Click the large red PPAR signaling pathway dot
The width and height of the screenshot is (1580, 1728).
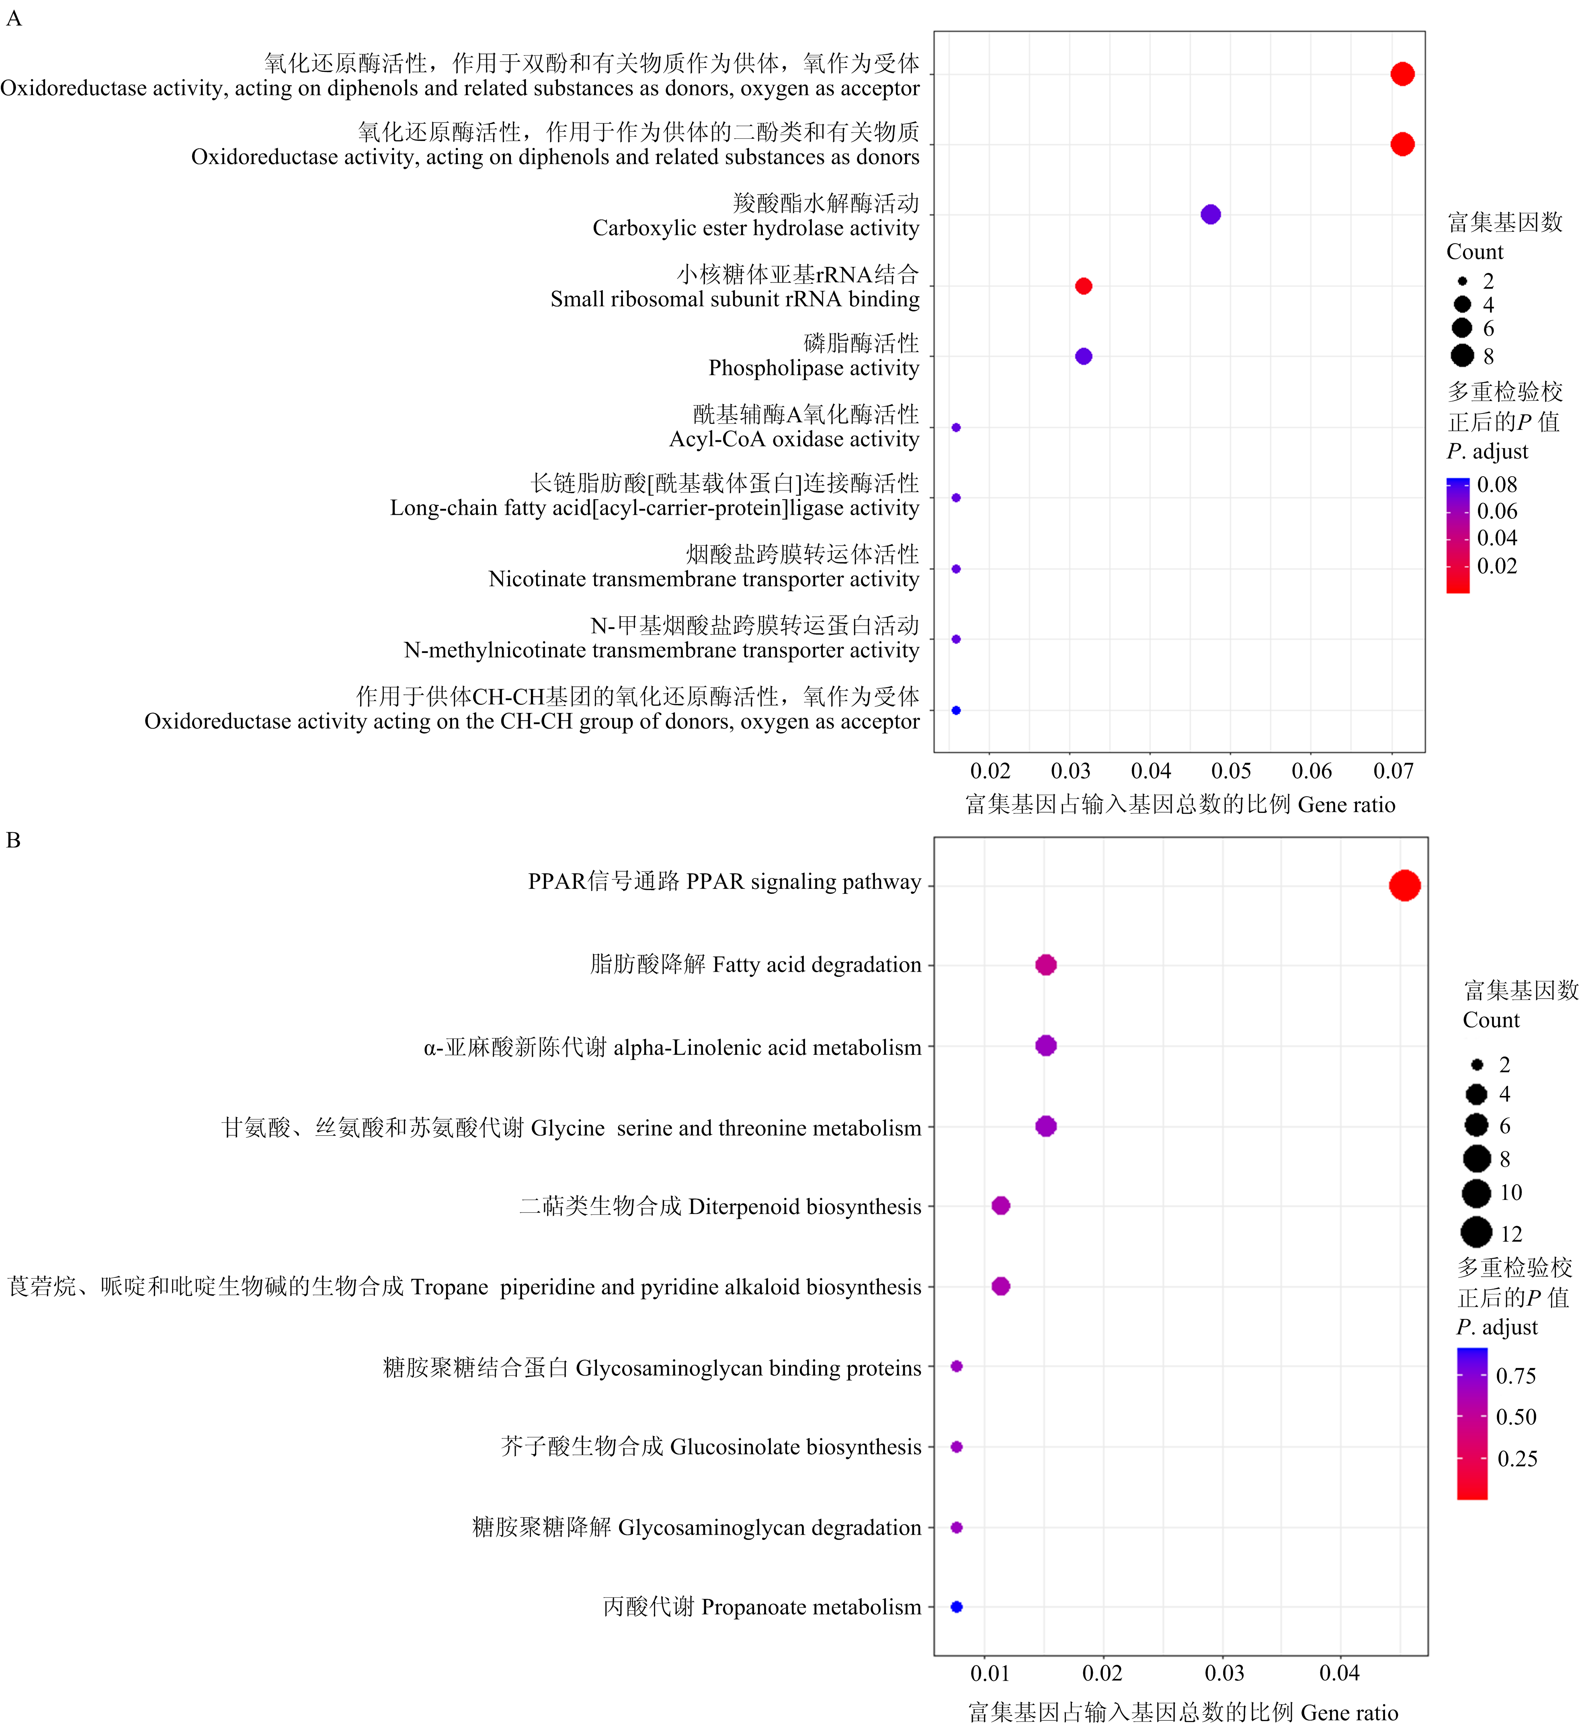(1404, 885)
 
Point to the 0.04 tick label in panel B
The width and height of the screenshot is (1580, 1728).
(1339, 1673)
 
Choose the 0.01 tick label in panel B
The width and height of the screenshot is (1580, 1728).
(990, 1673)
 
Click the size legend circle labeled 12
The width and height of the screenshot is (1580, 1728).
(1476, 1233)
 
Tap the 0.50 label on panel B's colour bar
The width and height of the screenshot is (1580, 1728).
(1516, 1417)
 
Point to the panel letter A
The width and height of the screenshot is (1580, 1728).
(14, 18)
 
